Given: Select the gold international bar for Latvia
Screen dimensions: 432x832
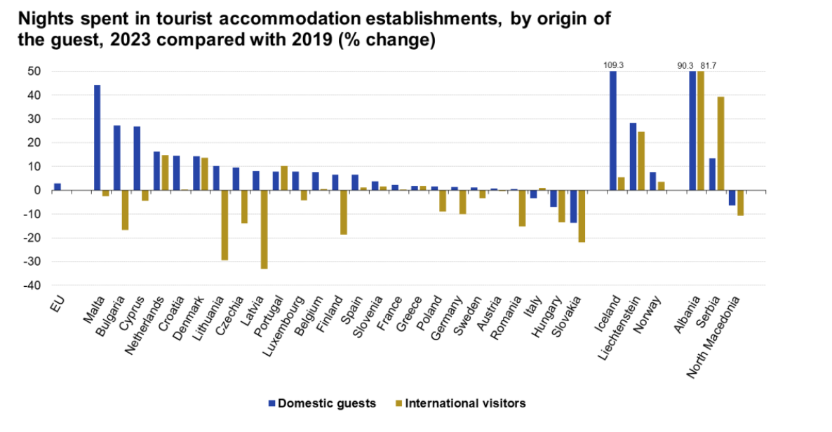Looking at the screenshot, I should click(264, 229).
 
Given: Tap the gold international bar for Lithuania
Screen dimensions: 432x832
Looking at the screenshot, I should click(224, 225).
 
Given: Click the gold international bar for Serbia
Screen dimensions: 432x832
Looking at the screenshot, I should click(720, 144).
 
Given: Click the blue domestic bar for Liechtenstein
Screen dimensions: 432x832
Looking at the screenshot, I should click(633, 156).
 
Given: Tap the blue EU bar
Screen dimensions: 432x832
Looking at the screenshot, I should click(58, 187).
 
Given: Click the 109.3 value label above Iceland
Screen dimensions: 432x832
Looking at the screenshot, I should click(614, 65).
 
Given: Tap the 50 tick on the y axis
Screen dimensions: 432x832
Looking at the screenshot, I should click(34, 72).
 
